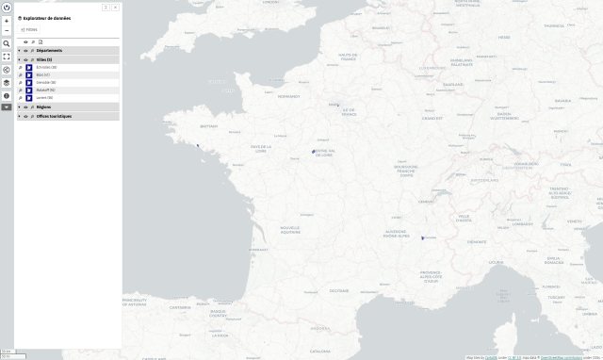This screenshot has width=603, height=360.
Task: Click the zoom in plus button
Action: pyautogui.click(x=7, y=21)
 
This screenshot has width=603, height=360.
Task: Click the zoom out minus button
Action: pyautogui.click(x=7, y=30)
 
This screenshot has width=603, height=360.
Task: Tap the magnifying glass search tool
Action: pyautogui.click(x=7, y=43)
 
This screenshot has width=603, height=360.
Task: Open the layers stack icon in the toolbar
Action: pyautogui.click(x=7, y=83)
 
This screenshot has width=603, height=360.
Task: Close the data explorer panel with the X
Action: pyautogui.click(x=116, y=8)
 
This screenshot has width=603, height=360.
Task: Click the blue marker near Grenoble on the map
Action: pyautogui.click(x=422, y=237)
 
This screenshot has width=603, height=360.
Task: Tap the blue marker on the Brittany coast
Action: pyautogui.click(x=198, y=146)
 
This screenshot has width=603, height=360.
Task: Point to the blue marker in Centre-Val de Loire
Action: pyautogui.click(x=313, y=151)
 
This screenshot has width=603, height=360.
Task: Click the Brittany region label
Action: pyautogui.click(x=209, y=123)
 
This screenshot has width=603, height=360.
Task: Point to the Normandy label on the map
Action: pyautogui.click(x=288, y=96)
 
